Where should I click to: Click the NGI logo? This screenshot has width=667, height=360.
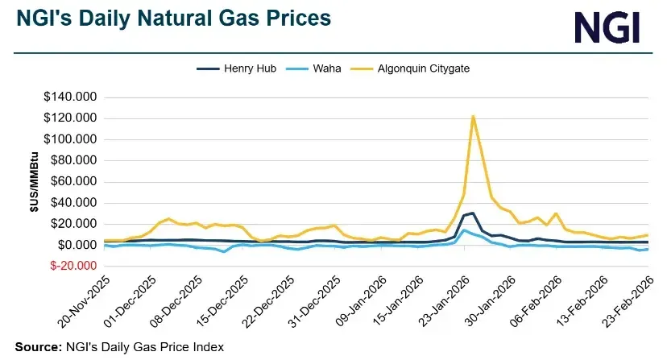tap(607, 27)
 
